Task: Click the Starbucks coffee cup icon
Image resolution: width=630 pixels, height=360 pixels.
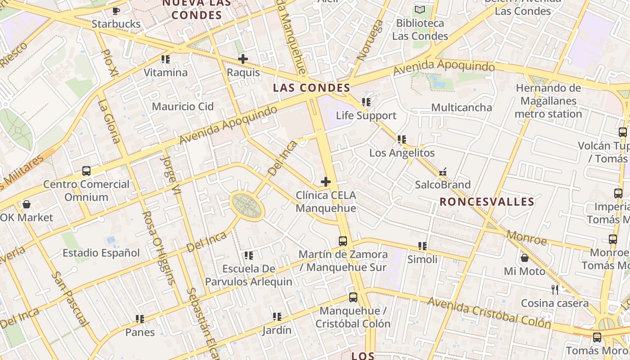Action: point(116,10)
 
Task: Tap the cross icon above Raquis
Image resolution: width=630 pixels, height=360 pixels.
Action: point(243,59)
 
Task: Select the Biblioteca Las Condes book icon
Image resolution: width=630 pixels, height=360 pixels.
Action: point(420,9)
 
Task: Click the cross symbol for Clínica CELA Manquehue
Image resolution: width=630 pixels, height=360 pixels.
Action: point(326,182)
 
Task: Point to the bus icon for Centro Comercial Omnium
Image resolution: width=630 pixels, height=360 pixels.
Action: point(86,171)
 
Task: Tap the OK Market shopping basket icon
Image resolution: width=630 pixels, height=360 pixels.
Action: point(27,204)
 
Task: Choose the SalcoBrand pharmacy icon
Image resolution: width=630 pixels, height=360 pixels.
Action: point(443,171)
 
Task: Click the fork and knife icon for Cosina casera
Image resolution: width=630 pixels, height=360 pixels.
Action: point(555,289)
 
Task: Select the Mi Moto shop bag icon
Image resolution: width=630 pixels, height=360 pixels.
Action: point(524,258)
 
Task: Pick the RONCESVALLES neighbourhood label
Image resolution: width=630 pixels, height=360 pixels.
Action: point(487,202)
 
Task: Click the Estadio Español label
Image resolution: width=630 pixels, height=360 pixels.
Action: point(101,253)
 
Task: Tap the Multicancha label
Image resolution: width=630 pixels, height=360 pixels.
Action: point(462,108)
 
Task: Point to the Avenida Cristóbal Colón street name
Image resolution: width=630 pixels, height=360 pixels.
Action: point(489,313)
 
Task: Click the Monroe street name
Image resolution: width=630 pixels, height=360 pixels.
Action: point(526,237)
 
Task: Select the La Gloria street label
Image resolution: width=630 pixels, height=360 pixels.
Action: point(109,121)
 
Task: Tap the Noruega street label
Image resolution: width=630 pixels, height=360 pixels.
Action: point(370,40)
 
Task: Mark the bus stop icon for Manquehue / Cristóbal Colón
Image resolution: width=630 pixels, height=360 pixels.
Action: point(353,297)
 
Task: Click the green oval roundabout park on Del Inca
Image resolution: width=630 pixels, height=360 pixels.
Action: point(247,206)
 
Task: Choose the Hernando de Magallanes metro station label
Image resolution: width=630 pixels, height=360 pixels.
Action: point(548,101)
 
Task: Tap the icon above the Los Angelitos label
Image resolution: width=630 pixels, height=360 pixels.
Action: point(402,139)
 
